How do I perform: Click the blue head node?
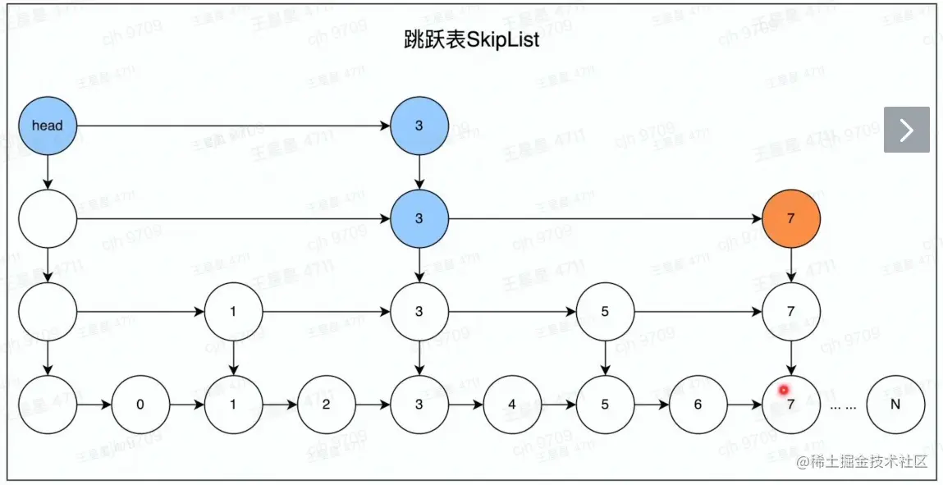click(x=47, y=126)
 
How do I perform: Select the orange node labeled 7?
click(x=790, y=219)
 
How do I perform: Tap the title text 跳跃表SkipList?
click(x=472, y=39)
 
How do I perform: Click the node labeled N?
click(x=895, y=405)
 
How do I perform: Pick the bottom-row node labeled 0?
click(x=140, y=405)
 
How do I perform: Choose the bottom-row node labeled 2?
click(x=327, y=405)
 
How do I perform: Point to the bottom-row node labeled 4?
click(x=512, y=405)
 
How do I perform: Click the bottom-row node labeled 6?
click(x=698, y=405)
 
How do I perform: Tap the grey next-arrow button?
click(x=906, y=130)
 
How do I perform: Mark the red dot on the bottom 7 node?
click(x=784, y=390)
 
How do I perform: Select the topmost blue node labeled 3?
click(x=419, y=126)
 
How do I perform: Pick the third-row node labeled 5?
click(x=605, y=312)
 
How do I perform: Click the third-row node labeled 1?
click(x=233, y=312)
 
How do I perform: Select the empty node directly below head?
click(x=47, y=219)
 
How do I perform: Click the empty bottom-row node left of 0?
click(x=47, y=405)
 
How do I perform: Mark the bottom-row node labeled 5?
click(x=605, y=405)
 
